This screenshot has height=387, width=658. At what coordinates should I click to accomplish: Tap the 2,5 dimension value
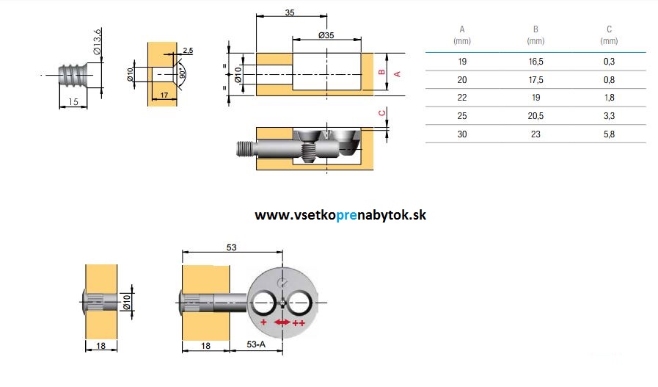pyautogui.click(x=188, y=50)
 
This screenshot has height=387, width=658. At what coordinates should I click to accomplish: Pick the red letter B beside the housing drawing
pyautogui.click(x=381, y=73)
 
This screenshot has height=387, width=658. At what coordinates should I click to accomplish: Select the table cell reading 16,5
pyautogui.click(x=535, y=61)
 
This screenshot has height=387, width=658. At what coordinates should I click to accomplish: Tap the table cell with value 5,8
pyautogui.click(x=608, y=134)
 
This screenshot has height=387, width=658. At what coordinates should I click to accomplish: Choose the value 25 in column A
pyautogui.click(x=462, y=115)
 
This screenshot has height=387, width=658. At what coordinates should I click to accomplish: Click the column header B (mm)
pyautogui.click(x=535, y=35)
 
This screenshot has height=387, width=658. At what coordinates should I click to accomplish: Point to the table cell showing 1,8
pyautogui.click(x=608, y=97)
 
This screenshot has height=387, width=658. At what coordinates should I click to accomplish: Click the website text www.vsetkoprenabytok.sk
pyautogui.click(x=340, y=215)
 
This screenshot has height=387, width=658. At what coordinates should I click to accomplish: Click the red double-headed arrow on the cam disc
pyautogui.click(x=282, y=322)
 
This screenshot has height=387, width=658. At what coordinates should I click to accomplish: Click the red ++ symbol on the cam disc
pyautogui.click(x=299, y=323)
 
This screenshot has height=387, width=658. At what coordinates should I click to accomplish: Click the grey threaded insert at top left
pyautogui.click(x=73, y=75)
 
